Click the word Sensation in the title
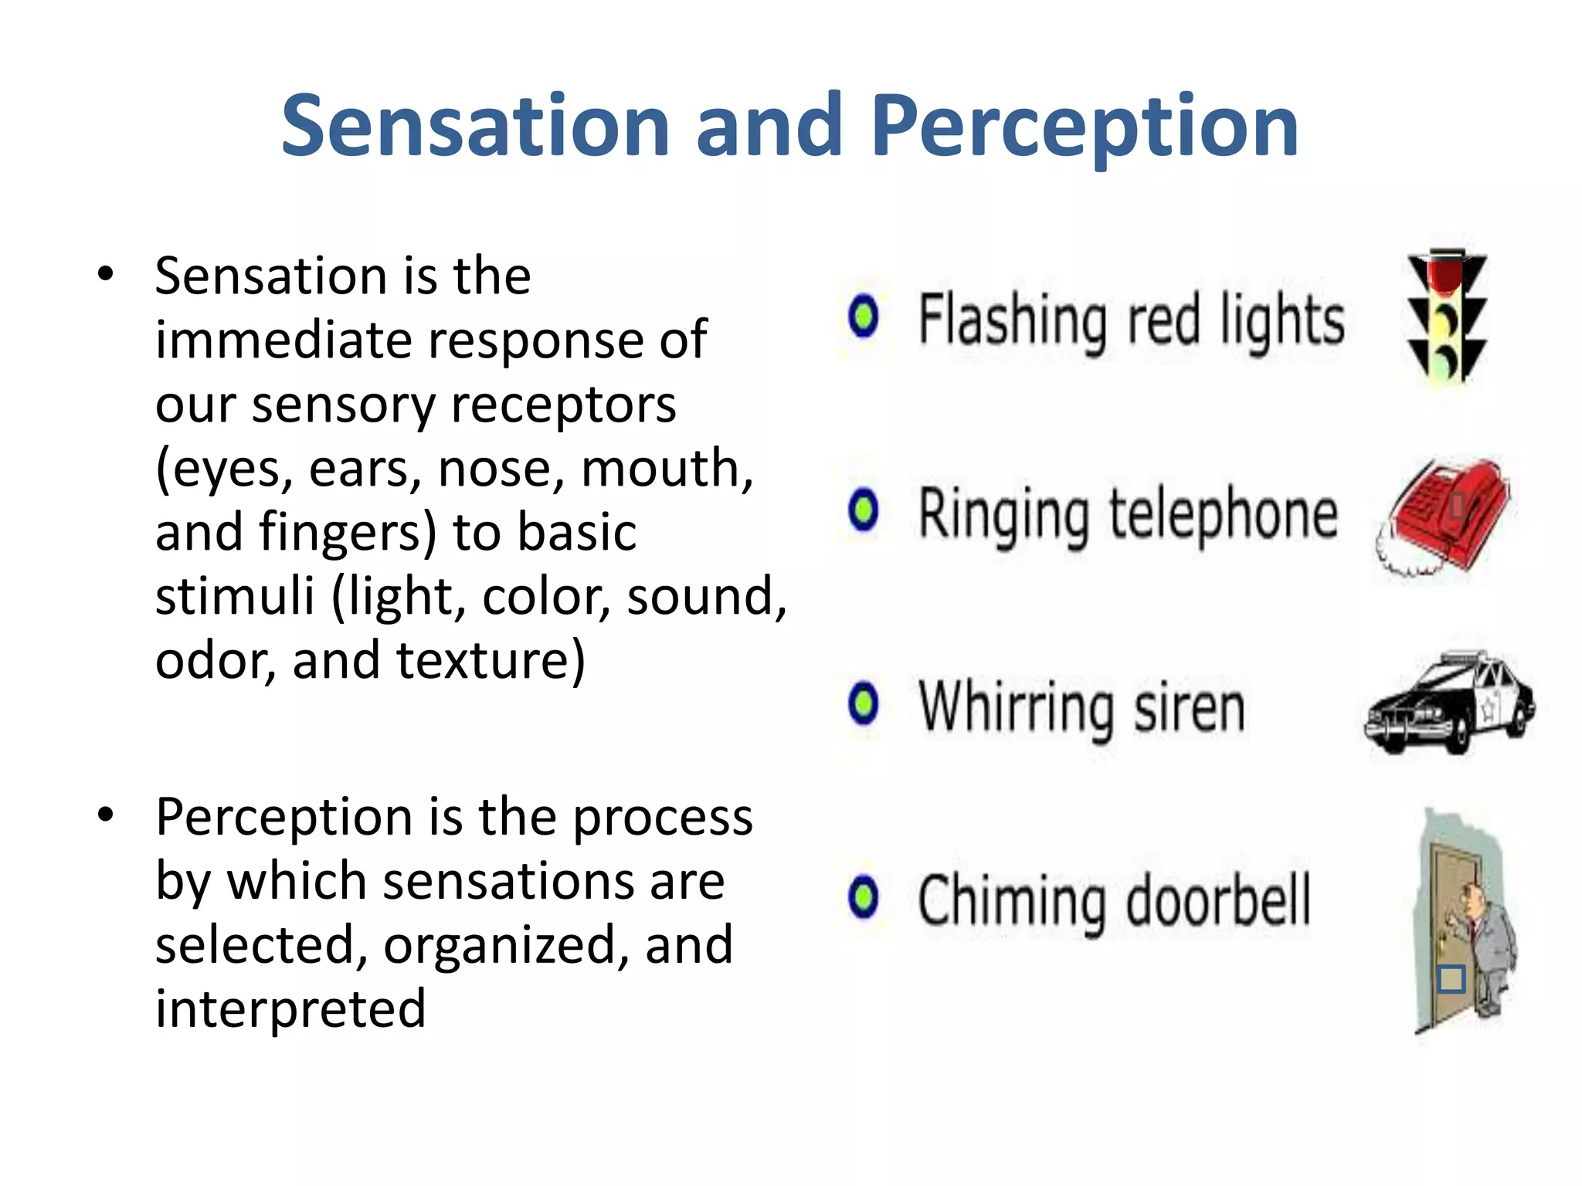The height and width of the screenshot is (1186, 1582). pos(474,126)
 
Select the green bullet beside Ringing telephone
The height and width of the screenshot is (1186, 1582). pos(863,510)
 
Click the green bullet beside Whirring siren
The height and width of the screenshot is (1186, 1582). pos(863,703)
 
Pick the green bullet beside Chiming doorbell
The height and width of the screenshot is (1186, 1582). pos(863,897)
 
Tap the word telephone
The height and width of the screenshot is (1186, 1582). pos(1224,516)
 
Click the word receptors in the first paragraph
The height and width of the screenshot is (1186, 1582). pos(563,406)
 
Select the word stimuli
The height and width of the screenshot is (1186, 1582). pos(235,596)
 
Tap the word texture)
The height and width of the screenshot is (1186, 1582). pos(491,661)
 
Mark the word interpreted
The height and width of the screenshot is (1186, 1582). pos(290,1008)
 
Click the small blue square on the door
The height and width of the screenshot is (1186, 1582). pos(1451,979)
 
